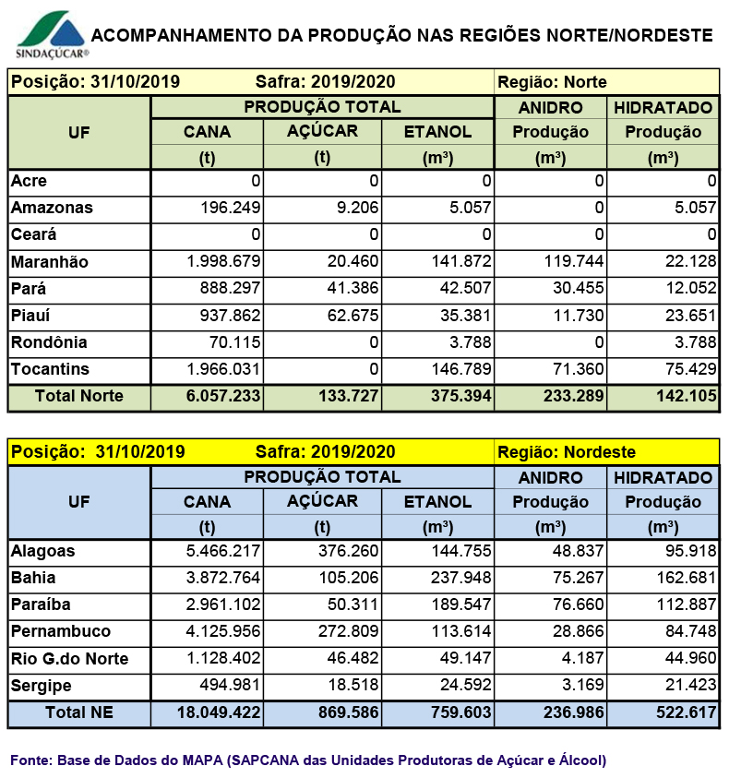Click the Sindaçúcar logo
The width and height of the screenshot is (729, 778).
(x=52, y=35)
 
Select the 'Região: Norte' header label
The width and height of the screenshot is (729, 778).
(x=552, y=82)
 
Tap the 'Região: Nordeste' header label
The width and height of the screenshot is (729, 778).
(x=567, y=452)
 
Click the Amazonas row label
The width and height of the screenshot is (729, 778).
(x=52, y=208)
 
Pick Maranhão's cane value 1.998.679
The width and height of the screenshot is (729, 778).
(x=223, y=261)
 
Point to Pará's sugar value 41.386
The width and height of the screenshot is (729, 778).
(x=353, y=288)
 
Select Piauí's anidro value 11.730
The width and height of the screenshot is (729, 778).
(x=579, y=315)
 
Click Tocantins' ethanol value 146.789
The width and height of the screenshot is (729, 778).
(x=461, y=368)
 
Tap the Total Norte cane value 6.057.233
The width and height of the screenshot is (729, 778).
(x=223, y=395)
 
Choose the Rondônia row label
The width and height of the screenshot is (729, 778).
(x=49, y=342)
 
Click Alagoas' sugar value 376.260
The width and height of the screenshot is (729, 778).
(x=349, y=551)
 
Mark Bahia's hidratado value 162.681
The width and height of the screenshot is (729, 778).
(x=687, y=578)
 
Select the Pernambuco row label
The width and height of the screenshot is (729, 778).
(x=61, y=631)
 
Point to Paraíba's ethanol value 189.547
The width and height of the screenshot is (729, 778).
(x=461, y=604)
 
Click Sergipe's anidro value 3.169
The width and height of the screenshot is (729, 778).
(x=582, y=685)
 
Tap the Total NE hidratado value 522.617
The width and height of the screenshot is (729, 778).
(x=687, y=712)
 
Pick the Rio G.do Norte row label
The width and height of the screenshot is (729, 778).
(x=69, y=658)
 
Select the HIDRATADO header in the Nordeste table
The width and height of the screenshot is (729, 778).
(x=663, y=478)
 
